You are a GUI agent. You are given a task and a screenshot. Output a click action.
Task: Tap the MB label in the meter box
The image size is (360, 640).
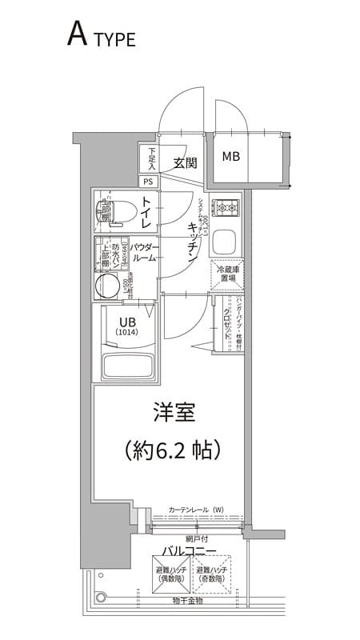click(x=230, y=156)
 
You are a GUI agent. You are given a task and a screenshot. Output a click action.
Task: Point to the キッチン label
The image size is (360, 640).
click(x=193, y=239)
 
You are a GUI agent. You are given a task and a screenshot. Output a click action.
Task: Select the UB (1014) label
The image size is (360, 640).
click(x=126, y=326)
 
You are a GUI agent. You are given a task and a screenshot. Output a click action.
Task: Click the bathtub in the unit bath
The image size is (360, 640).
click(x=128, y=366)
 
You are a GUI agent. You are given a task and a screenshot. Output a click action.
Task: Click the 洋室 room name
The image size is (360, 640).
click(x=174, y=413)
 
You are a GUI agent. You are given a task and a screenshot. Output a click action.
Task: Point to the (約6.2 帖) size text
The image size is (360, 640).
click(x=173, y=450)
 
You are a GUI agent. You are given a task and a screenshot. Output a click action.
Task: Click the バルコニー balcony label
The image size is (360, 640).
click(x=189, y=551)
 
